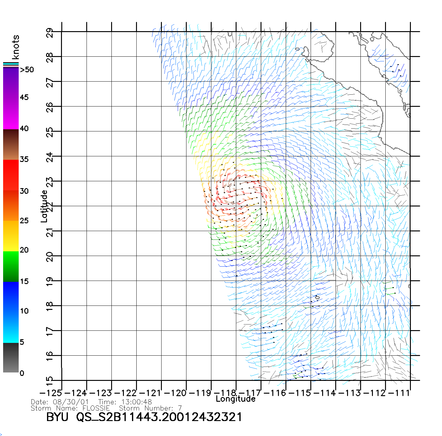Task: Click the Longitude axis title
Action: click(236, 399)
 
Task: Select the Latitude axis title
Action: click(44, 206)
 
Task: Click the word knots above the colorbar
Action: click(16, 47)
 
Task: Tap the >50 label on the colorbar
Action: click(27, 70)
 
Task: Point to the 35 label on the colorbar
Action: click(24, 159)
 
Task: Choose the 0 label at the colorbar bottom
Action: click(22, 373)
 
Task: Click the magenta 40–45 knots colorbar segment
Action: click(11, 114)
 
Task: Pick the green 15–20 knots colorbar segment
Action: click(11, 266)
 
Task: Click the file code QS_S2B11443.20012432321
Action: click(159, 417)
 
